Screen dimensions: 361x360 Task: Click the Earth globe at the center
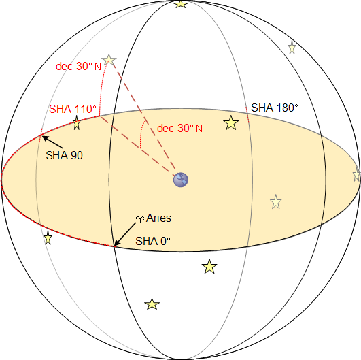coord(181,180)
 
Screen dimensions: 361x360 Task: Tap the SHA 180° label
coord(275,108)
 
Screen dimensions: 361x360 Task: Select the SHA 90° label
coord(67,155)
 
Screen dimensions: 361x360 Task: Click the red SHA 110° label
coord(73,109)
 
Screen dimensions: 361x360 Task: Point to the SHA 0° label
coord(153,241)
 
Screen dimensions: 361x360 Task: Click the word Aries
coord(158,218)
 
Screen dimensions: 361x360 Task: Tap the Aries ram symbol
coord(140,219)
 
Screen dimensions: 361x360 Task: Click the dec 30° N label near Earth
coord(179,128)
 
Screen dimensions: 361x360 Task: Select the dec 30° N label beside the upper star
coord(78,67)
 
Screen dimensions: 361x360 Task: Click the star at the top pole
coord(181,4)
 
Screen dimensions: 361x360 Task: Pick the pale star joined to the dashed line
coord(109,60)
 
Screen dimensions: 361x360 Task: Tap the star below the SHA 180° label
coord(231,122)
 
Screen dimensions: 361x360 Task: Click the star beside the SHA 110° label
coord(77,122)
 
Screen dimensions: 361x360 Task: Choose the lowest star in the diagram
coord(152,304)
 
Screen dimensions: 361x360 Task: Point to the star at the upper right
coord(292,48)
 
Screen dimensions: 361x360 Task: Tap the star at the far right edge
coord(357,174)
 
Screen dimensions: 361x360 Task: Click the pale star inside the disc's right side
coord(276,201)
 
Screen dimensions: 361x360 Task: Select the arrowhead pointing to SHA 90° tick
coord(45,138)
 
